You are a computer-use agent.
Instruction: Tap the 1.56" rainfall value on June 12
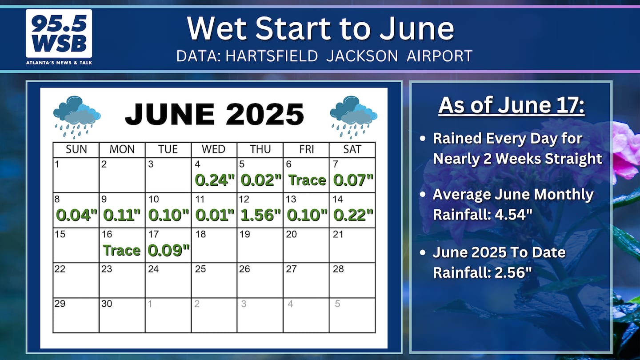[x=260, y=215]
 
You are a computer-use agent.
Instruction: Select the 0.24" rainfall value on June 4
[x=215, y=180]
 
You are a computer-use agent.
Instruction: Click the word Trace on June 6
[x=307, y=180]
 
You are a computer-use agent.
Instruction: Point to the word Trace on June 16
[x=122, y=250]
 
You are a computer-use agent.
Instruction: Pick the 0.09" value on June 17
[x=168, y=250]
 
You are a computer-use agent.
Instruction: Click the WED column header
[x=213, y=149]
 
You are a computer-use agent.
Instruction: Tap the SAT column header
[x=352, y=149]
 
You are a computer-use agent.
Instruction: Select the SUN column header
[x=76, y=149]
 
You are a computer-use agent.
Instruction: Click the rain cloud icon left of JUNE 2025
[x=76, y=117]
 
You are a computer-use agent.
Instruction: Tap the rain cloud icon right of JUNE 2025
[x=353, y=117]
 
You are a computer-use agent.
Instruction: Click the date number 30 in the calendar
[x=107, y=304]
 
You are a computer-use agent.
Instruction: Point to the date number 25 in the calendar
[x=200, y=268]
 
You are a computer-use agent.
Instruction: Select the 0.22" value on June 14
[x=353, y=215]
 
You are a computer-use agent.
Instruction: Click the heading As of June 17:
[x=512, y=105]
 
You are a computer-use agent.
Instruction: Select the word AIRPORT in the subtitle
[x=440, y=56]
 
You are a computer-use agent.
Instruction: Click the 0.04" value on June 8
[x=76, y=215]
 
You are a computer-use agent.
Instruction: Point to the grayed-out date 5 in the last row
[x=337, y=304]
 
